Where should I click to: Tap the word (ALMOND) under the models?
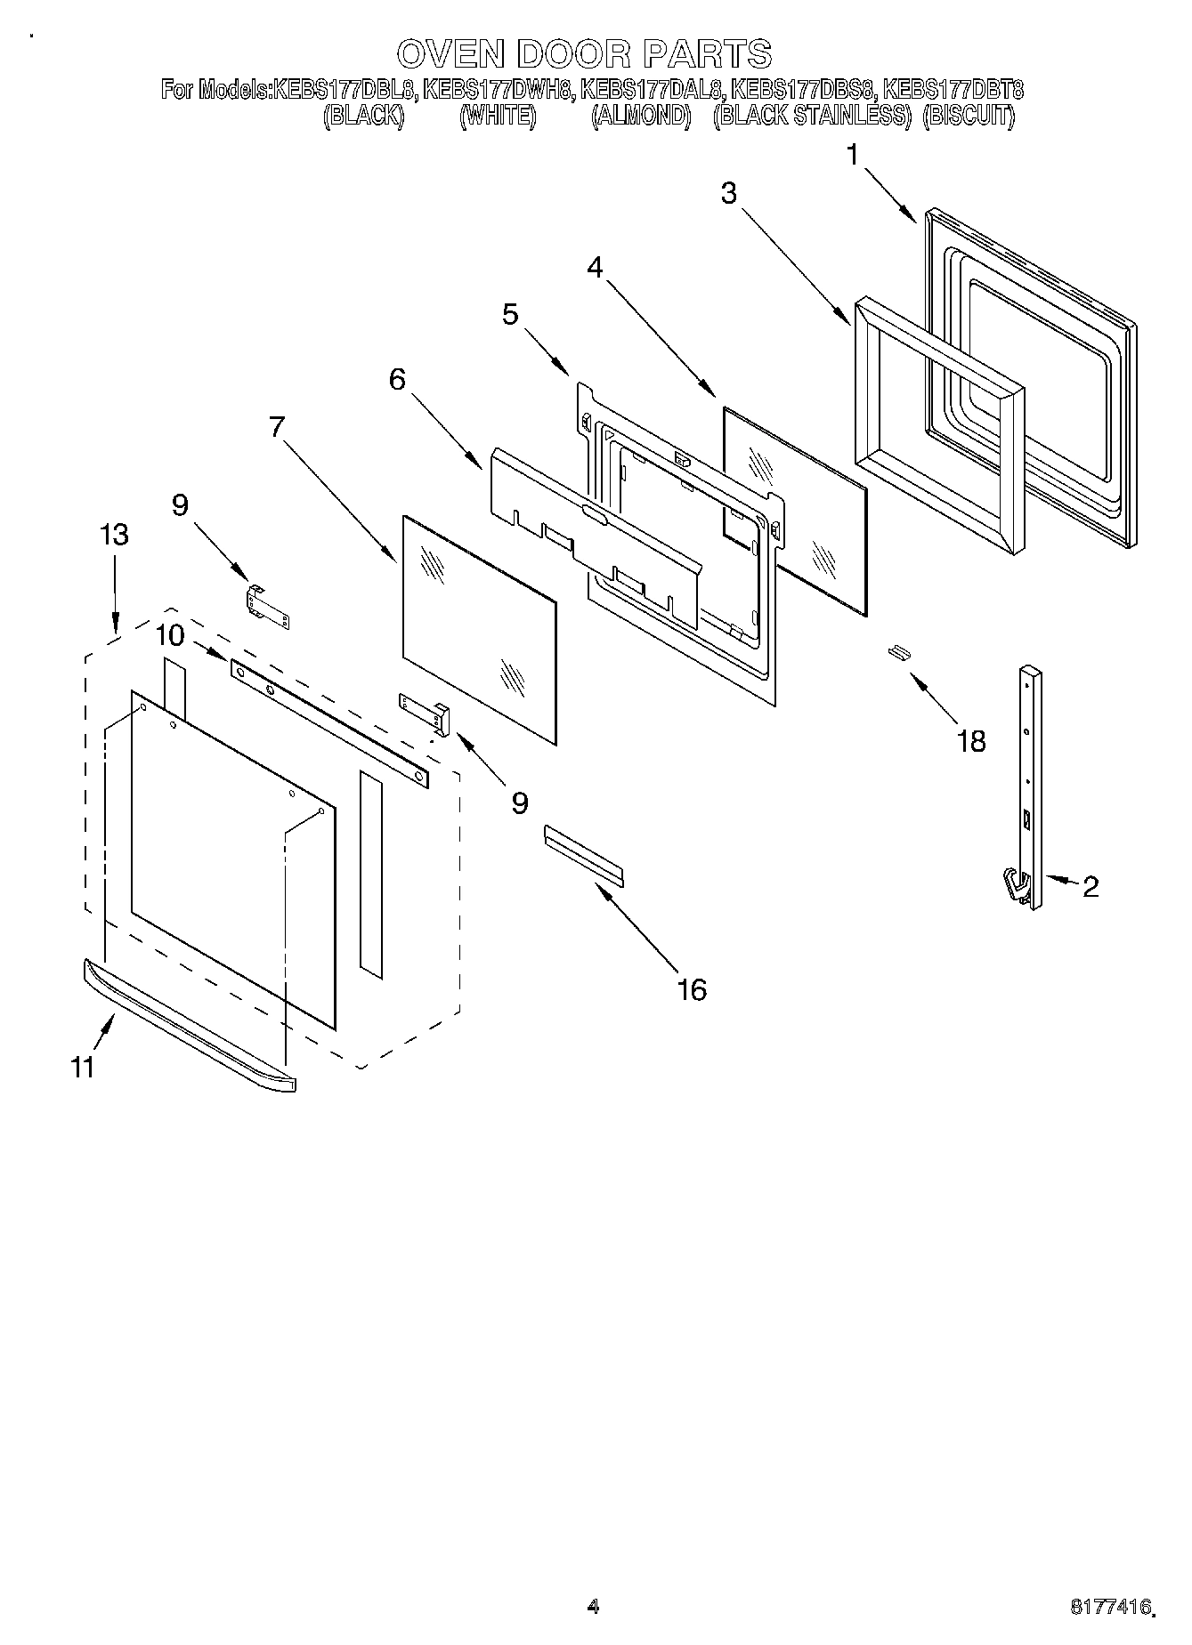[641, 116]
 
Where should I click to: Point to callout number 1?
[853, 156]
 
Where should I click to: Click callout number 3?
[729, 193]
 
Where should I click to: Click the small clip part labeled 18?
[898, 653]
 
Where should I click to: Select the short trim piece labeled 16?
[583, 854]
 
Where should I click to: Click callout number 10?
[169, 635]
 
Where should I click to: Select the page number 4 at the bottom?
[593, 1606]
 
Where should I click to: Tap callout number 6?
[397, 380]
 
